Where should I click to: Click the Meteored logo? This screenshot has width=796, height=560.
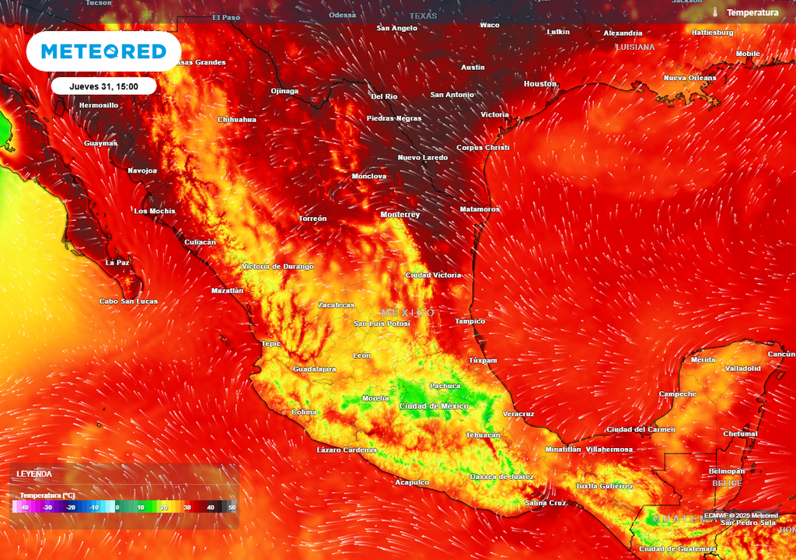point(103,51)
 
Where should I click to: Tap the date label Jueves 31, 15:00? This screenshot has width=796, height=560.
point(103,86)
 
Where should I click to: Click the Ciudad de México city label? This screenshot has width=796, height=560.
point(434,406)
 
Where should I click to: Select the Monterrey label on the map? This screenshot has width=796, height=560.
point(400,215)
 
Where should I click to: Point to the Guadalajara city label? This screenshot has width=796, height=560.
point(314,369)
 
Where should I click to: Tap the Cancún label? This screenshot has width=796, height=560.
point(781,354)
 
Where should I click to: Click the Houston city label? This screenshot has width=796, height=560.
point(540,84)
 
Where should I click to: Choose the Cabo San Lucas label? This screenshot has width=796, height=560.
point(128,301)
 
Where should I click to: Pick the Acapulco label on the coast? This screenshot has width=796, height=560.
point(412,482)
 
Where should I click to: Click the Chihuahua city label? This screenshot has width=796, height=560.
point(237,120)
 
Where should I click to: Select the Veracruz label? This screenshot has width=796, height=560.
point(518,414)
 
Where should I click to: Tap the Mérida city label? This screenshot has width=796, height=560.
point(703,359)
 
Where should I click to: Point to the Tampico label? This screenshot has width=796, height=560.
point(470,321)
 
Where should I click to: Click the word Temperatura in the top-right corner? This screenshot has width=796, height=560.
point(752,12)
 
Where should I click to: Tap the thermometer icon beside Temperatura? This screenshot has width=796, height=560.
point(714,12)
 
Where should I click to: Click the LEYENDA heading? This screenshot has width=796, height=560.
point(34,474)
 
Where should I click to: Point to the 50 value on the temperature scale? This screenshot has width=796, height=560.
point(232,507)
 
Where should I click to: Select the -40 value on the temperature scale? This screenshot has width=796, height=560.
point(25,507)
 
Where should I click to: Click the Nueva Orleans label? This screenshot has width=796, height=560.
point(690,78)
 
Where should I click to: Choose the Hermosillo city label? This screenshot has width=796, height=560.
point(99,105)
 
